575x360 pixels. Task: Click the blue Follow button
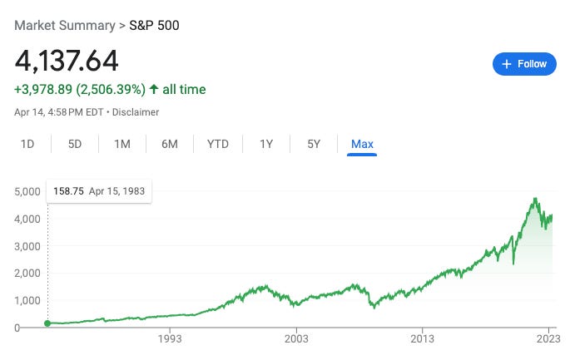coord(524,64)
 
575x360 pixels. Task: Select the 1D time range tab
coord(27,144)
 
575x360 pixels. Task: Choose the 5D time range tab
coord(75,144)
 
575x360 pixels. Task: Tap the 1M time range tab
coord(122,144)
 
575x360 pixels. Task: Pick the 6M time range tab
coord(170,144)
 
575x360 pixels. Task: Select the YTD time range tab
coord(218,144)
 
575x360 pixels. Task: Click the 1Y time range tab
coord(266,144)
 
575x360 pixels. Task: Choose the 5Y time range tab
coord(314,144)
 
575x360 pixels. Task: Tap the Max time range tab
coord(362,144)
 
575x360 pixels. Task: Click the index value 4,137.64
coord(67,61)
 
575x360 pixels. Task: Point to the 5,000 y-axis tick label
coord(28,191)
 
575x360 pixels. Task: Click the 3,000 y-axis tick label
coord(28,246)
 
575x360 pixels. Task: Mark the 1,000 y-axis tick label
coord(28,300)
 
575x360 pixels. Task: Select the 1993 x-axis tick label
coord(170,339)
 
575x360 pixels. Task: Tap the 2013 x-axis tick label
coord(423,339)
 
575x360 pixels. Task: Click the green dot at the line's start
coord(47,323)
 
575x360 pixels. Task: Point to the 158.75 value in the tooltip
coord(68,191)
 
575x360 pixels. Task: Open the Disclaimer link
coord(136,111)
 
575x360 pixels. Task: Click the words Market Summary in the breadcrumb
coord(63,25)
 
